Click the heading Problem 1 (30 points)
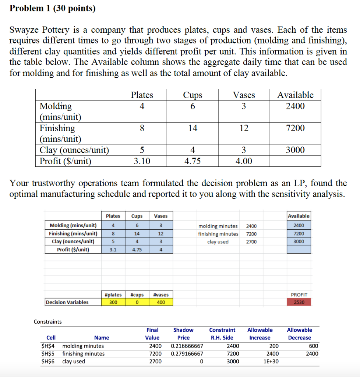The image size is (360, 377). [x=52, y=8]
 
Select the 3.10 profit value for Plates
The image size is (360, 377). [x=142, y=161]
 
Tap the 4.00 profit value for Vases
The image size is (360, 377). [x=244, y=161]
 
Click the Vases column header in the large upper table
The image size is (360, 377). [x=244, y=95]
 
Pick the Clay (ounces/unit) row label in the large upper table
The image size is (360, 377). [x=74, y=150]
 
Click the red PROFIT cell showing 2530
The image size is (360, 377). [x=299, y=302]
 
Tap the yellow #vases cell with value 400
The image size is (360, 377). [x=160, y=302]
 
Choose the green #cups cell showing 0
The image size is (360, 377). [x=137, y=302]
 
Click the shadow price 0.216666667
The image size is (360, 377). [x=187, y=346]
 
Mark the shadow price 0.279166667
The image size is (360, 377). [x=187, y=353]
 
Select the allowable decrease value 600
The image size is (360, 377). [x=314, y=346]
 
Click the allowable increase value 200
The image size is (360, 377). [x=274, y=346]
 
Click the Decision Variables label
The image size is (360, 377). [x=67, y=302]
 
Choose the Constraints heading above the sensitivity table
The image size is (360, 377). [x=48, y=321]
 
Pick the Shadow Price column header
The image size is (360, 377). [x=183, y=334]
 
